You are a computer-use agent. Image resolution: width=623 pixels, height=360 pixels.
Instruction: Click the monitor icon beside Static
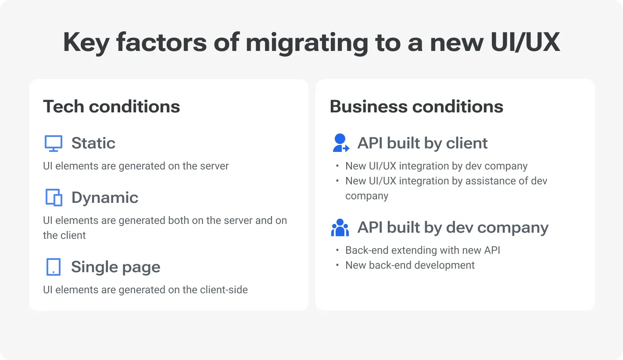click(x=54, y=144)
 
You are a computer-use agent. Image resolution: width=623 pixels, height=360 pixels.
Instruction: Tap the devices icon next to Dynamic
click(x=54, y=198)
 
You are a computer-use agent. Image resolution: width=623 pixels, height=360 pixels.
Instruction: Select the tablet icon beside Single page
click(x=54, y=267)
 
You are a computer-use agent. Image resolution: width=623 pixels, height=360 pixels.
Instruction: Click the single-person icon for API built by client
click(x=340, y=144)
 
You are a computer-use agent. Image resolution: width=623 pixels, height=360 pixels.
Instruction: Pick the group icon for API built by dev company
click(x=340, y=228)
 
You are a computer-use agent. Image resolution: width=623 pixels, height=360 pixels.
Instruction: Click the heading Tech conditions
click(x=111, y=107)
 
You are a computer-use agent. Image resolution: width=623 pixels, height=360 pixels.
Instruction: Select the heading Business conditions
click(x=416, y=107)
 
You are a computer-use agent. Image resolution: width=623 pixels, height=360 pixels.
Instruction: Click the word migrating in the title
click(x=307, y=43)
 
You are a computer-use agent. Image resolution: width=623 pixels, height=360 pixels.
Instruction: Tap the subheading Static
click(x=93, y=143)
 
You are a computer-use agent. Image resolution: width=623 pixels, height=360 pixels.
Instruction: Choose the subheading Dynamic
click(x=104, y=198)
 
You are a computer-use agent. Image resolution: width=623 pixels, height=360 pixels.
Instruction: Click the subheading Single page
click(x=115, y=267)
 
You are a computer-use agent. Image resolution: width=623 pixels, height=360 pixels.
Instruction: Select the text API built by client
click(x=422, y=143)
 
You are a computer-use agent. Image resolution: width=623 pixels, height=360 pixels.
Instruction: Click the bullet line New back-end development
click(x=410, y=265)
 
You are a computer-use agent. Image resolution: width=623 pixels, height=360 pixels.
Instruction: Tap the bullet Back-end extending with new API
click(x=422, y=250)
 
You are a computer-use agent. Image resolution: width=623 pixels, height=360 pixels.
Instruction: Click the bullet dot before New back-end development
click(x=337, y=265)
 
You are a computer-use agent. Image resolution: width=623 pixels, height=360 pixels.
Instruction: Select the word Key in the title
click(x=86, y=43)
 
